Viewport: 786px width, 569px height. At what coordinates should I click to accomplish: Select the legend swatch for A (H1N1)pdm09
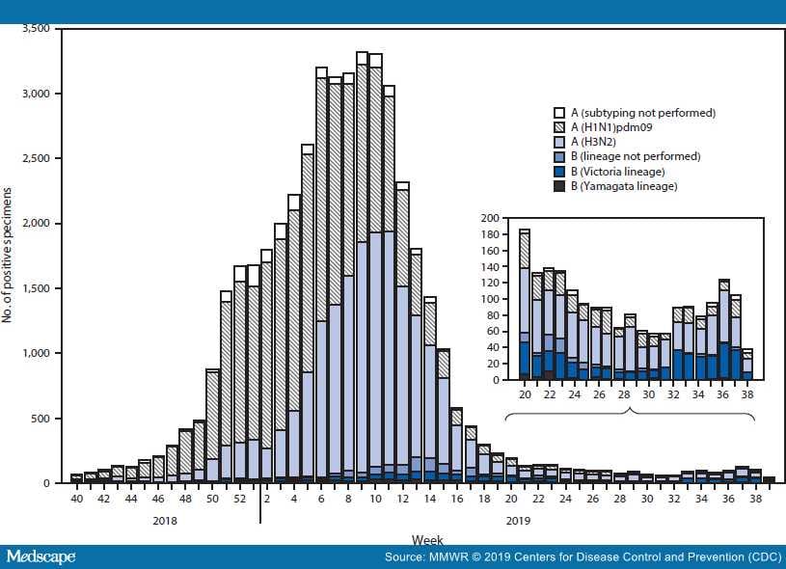[x=558, y=127]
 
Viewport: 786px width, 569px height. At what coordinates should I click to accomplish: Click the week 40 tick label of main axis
[x=76, y=499]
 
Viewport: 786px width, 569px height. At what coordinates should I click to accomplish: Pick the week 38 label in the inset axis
[x=749, y=395]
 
